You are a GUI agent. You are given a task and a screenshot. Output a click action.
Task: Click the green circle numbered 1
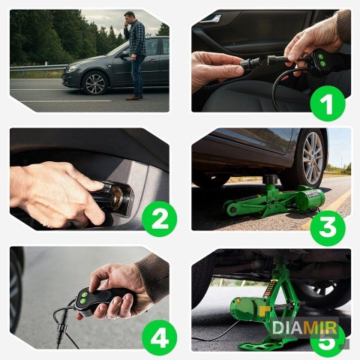328,103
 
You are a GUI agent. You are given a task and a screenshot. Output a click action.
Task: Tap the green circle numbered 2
159,219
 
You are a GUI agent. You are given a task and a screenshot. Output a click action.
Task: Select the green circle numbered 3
328,228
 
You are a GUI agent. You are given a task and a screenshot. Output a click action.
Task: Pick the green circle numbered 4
159,337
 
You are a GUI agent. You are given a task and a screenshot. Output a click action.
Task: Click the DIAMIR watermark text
304,328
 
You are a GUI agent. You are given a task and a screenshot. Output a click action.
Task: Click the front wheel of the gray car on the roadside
95,83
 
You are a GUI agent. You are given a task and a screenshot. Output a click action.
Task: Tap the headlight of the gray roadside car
73,67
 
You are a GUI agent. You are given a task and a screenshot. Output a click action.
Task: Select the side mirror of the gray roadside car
124,55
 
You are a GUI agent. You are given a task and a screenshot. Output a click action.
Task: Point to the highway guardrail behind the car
37,68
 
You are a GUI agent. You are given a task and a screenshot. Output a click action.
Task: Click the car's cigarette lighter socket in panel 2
117,196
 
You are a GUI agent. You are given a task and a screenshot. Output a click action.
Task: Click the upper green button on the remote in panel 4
85,295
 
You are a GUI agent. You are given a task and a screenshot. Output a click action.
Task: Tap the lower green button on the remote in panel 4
83,301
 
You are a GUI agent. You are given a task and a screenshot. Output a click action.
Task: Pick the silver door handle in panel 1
211,19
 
